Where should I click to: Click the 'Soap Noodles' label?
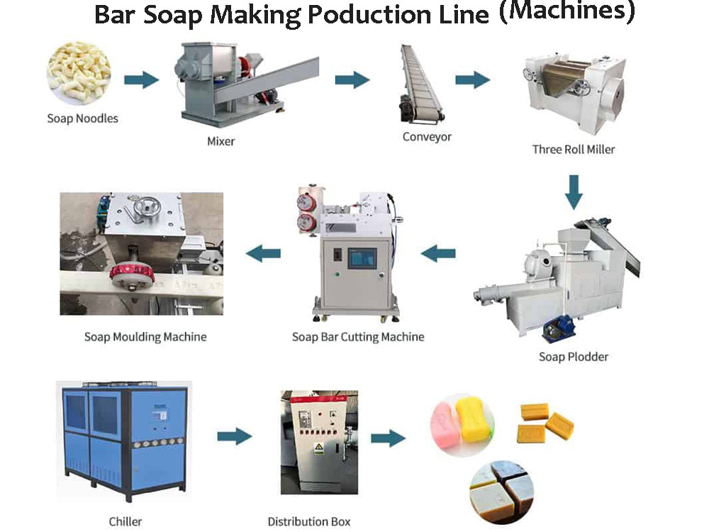(x=82, y=118)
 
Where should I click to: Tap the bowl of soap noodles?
(x=79, y=73)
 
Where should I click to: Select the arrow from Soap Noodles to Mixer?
(x=141, y=79)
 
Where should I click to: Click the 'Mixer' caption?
(x=220, y=141)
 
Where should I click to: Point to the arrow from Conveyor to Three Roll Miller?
(x=472, y=79)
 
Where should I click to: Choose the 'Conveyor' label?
(x=427, y=136)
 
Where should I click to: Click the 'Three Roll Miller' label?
(x=574, y=149)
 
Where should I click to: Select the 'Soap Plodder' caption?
(x=574, y=356)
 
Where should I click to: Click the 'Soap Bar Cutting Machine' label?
(x=358, y=336)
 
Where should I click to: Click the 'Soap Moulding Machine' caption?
(x=145, y=336)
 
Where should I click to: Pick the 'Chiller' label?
(x=125, y=521)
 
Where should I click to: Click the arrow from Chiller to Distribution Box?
(x=234, y=436)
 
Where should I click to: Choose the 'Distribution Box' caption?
(x=309, y=521)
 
